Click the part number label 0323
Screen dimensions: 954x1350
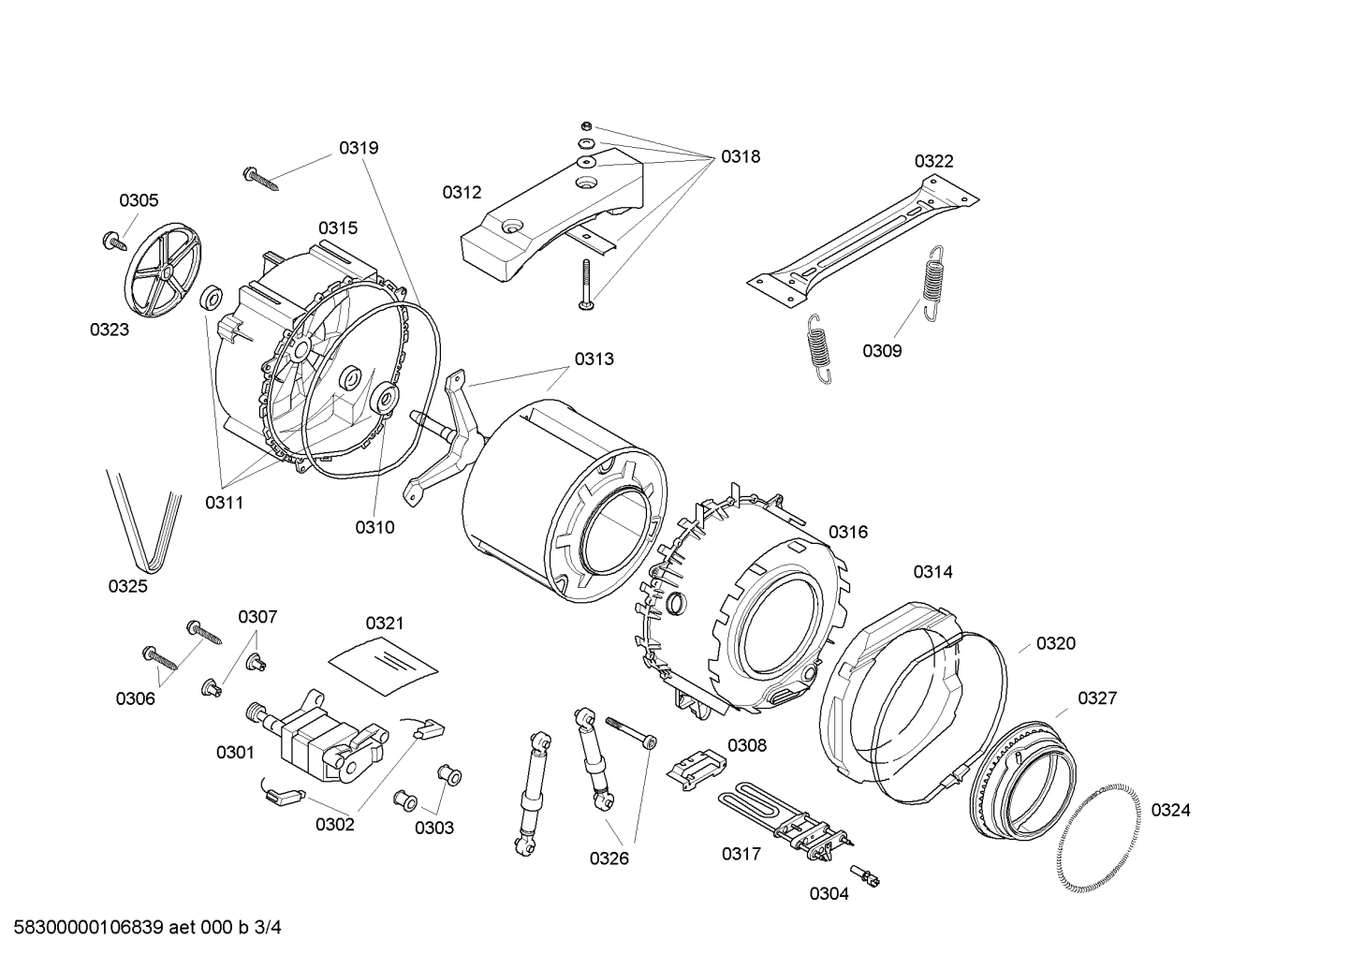coord(110,330)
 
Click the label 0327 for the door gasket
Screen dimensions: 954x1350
coord(1096,697)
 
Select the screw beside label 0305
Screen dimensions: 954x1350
coord(114,241)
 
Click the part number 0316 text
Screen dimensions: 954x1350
coord(848,532)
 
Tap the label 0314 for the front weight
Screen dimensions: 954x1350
coord(932,571)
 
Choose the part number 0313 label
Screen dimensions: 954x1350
coord(594,359)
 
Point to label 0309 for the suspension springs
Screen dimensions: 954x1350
coord(882,351)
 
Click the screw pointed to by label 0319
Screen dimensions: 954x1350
coord(261,178)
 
